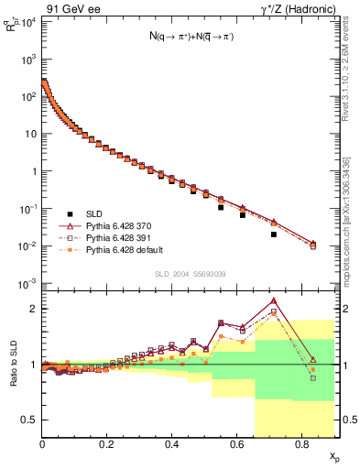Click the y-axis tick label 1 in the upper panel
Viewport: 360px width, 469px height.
tap(32, 170)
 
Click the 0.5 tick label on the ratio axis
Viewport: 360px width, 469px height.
tap(27, 420)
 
